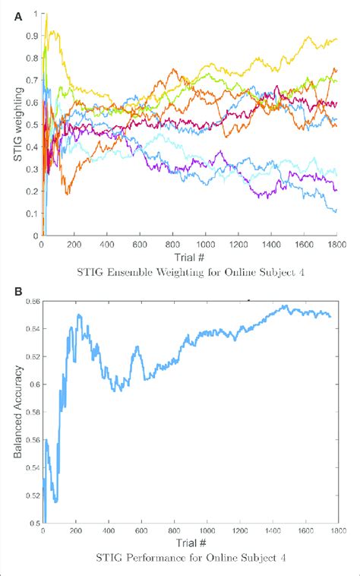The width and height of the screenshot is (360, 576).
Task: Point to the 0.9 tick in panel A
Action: point(32,36)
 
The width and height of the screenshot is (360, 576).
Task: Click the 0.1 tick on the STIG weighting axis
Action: point(32,214)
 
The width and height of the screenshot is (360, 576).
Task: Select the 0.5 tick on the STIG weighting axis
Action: point(32,125)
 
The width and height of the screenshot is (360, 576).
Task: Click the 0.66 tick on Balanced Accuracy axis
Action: point(30,302)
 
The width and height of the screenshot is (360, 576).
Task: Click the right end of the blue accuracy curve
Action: point(330,317)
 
